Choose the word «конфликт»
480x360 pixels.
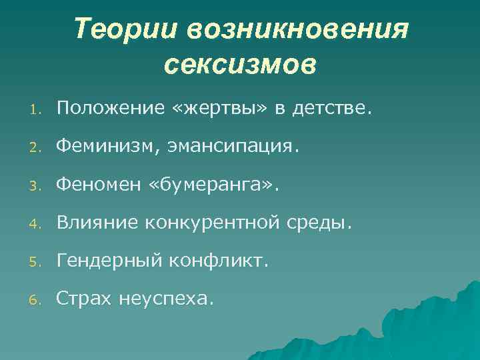point(218,261)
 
